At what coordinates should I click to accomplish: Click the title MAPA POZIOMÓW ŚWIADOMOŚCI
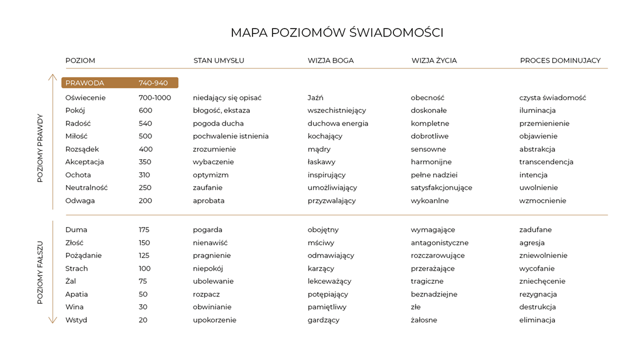(x=337, y=33)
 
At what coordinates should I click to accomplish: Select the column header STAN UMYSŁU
(x=219, y=61)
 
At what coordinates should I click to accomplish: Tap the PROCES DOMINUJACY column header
(x=560, y=61)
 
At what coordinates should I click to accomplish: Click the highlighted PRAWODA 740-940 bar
(x=120, y=83)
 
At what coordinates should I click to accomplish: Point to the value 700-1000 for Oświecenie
(x=154, y=98)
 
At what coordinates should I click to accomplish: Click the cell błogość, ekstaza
(x=221, y=110)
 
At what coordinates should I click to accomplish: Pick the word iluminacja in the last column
(x=537, y=110)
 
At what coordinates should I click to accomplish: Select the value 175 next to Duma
(x=144, y=230)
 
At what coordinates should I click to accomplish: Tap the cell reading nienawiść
(x=210, y=243)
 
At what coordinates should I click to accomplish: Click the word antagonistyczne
(x=439, y=243)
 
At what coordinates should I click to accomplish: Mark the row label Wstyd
(x=76, y=320)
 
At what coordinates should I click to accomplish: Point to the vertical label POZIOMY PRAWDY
(x=40, y=149)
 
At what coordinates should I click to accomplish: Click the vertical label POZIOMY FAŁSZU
(x=40, y=273)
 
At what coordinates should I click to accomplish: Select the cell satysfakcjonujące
(x=441, y=188)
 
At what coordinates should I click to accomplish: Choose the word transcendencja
(x=546, y=162)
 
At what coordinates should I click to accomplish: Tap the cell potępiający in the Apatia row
(x=327, y=294)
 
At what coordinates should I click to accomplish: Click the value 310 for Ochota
(x=144, y=175)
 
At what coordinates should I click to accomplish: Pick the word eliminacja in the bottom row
(x=537, y=320)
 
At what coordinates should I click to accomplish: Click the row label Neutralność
(x=86, y=188)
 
